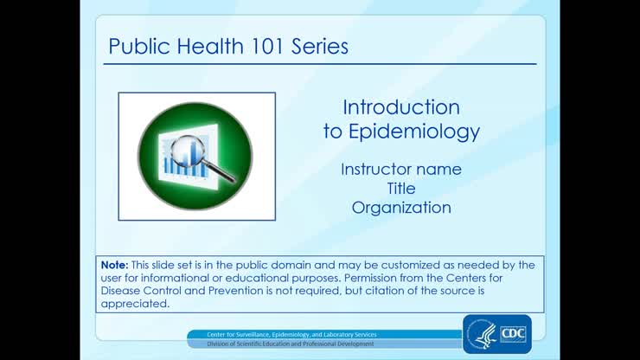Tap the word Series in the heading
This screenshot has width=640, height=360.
319,46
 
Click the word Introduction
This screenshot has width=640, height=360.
401,107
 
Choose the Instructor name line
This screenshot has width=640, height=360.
401,169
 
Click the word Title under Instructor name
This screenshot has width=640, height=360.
401,188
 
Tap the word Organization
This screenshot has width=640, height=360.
401,208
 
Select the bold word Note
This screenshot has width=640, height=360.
113,265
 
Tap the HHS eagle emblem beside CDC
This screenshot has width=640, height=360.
481,334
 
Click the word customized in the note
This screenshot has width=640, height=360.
400,265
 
